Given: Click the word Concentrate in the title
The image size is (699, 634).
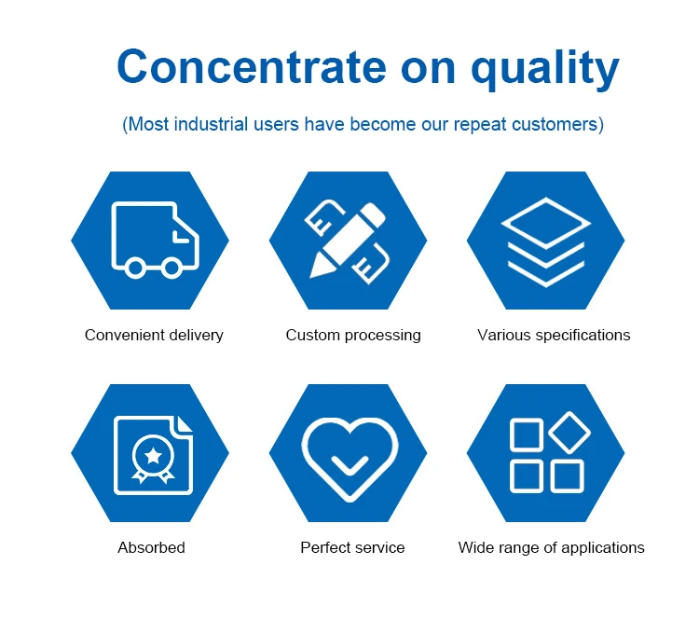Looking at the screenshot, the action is pyautogui.click(x=252, y=67).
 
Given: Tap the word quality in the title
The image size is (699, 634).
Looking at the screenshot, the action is pyautogui.click(x=545, y=69).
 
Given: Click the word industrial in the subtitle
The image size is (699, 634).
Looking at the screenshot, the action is pyautogui.click(x=211, y=124).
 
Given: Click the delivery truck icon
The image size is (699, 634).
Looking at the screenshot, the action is pyautogui.click(x=155, y=240).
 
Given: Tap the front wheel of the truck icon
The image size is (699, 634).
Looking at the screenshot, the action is pyautogui.click(x=171, y=268).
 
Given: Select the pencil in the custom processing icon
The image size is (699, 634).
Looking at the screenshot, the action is pyautogui.click(x=348, y=241).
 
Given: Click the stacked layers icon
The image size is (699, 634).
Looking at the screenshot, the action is pyautogui.click(x=545, y=242).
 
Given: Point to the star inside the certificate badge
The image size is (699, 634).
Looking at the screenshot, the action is pyautogui.click(x=154, y=456).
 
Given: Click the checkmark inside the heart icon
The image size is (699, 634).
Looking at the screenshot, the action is pyautogui.click(x=349, y=464).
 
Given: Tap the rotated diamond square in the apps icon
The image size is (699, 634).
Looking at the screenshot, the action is pyautogui.click(x=569, y=433).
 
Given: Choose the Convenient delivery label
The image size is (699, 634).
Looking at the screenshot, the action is pyautogui.click(x=154, y=335).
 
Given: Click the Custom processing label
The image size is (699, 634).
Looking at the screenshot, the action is pyautogui.click(x=353, y=336).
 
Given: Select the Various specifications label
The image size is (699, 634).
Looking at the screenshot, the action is pyautogui.click(x=554, y=336).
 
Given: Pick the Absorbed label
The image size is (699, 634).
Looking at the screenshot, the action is pyautogui.click(x=151, y=547).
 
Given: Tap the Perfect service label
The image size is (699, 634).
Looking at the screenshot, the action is pyautogui.click(x=352, y=547).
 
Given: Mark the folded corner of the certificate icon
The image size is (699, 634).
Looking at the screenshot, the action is pyautogui.click(x=184, y=424).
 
